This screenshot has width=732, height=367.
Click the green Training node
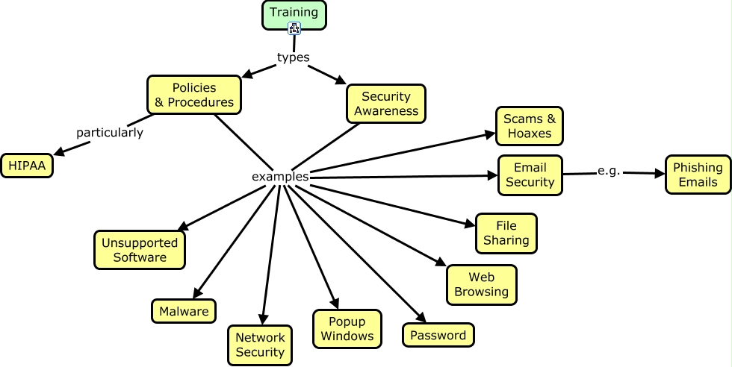click(x=294, y=13)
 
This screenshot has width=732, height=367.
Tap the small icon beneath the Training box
click(x=294, y=29)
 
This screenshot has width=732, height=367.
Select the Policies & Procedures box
click(x=193, y=95)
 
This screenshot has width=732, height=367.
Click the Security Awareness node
click(x=386, y=104)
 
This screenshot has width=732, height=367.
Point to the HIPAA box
click(x=27, y=166)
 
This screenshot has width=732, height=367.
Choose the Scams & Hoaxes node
click(x=528, y=126)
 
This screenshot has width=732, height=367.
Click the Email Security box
click(x=530, y=175)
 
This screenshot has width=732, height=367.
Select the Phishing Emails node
click(x=698, y=175)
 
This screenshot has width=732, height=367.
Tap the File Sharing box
click(x=506, y=233)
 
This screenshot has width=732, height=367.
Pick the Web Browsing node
click(x=481, y=284)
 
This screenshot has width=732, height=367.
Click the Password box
click(x=438, y=335)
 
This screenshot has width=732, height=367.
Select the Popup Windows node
click(x=347, y=328)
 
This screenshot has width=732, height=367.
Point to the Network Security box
click(x=259, y=345)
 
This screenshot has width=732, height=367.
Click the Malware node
click(x=184, y=311)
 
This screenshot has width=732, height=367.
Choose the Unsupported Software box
click(x=140, y=250)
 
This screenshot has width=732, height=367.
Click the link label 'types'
click(x=293, y=57)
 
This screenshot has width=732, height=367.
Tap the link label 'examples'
click(x=280, y=177)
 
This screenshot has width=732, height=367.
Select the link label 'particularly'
click(x=109, y=133)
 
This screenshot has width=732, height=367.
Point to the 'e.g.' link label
click(x=609, y=171)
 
